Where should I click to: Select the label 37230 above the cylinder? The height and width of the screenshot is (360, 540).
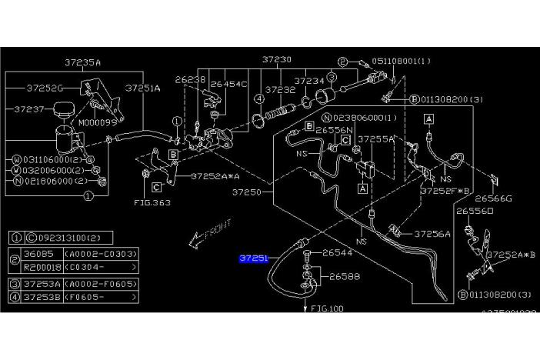(x=276, y=58)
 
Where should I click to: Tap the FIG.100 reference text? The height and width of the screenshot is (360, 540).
(x=328, y=308)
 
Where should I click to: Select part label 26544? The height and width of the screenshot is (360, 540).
(x=337, y=252)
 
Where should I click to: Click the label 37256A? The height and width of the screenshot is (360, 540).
(x=432, y=232)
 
